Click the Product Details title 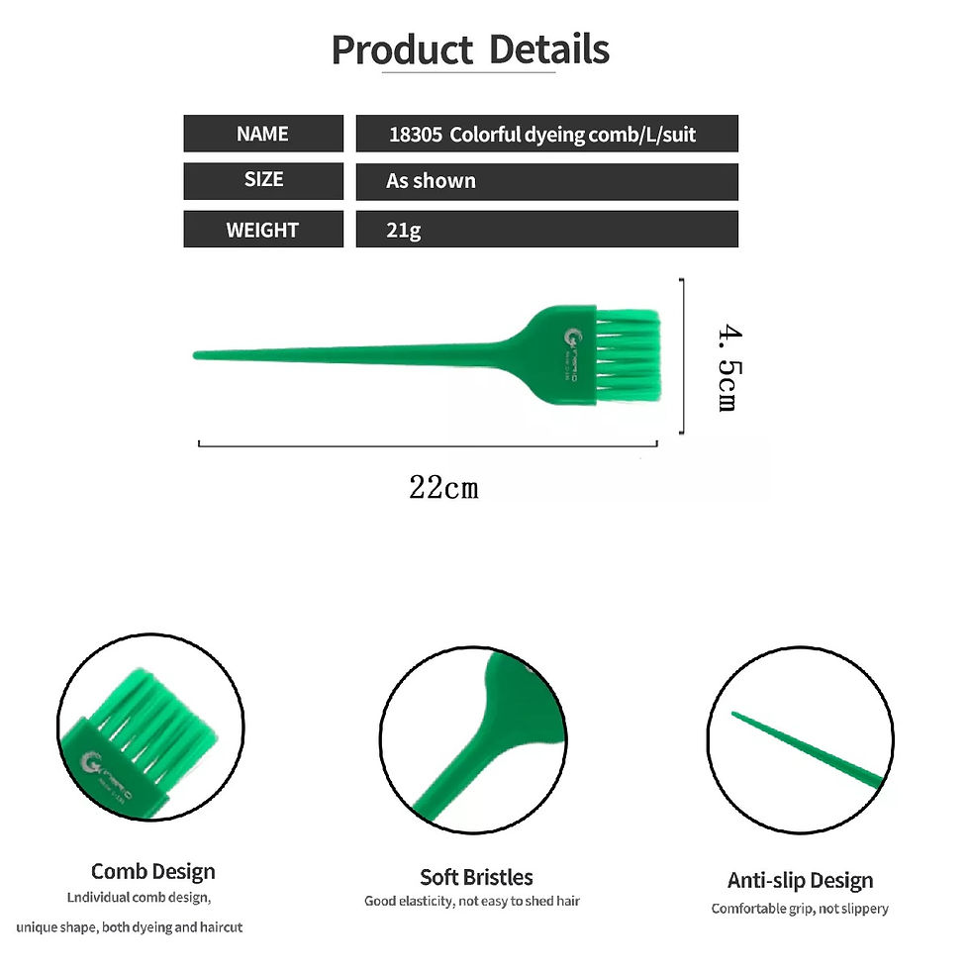(x=470, y=49)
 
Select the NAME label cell (x=262, y=134)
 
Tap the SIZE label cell (x=262, y=180)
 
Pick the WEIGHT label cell (x=262, y=230)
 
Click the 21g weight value (x=404, y=231)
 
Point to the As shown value (x=431, y=181)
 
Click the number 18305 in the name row (x=415, y=135)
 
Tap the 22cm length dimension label (x=443, y=487)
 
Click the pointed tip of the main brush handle (x=198, y=354)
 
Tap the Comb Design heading (x=152, y=871)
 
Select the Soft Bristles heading (x=476, y=877)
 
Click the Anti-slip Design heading (x=800, y=880)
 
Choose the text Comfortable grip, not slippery (x=800, y=909)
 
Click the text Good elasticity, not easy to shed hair (x=472, y=902)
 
